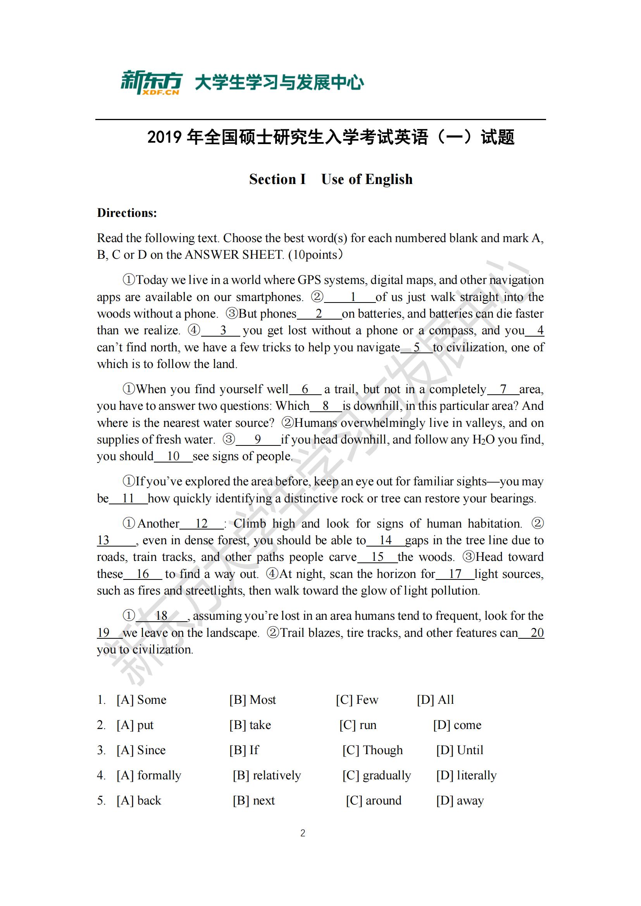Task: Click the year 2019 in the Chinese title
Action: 164,138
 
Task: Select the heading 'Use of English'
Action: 367,180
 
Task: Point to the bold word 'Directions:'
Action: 127,213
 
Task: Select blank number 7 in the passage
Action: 503,389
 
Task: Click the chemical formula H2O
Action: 484,440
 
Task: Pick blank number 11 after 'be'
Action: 128,499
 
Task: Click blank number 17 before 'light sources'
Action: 455,574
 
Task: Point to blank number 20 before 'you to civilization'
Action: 537,633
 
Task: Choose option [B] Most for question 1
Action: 253,700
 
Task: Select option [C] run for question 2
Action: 358,725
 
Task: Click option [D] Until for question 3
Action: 460,750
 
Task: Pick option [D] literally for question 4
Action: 466,775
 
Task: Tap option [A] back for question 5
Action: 139,801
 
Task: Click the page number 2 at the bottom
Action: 303,834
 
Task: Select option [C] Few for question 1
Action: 357,700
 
